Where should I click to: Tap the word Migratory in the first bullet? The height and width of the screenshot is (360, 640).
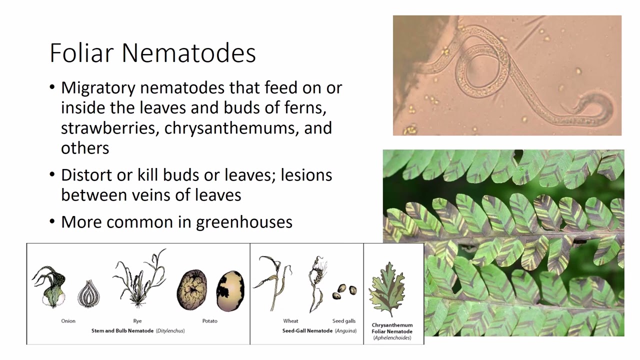[98, 88]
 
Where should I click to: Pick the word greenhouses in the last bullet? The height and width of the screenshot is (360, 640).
[244, 222]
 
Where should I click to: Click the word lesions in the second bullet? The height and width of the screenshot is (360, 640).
[306, 175]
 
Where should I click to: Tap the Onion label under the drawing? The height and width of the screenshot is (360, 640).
[68, 321]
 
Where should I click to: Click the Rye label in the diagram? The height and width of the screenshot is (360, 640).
[137, 321]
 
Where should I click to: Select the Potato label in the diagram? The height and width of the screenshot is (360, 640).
[210, 321]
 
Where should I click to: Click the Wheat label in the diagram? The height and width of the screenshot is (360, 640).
[290, 321]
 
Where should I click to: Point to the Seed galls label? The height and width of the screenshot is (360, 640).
[344, 321]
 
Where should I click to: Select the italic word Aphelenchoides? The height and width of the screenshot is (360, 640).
[392, 338]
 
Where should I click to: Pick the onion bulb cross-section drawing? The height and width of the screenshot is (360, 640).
[88, 294]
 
